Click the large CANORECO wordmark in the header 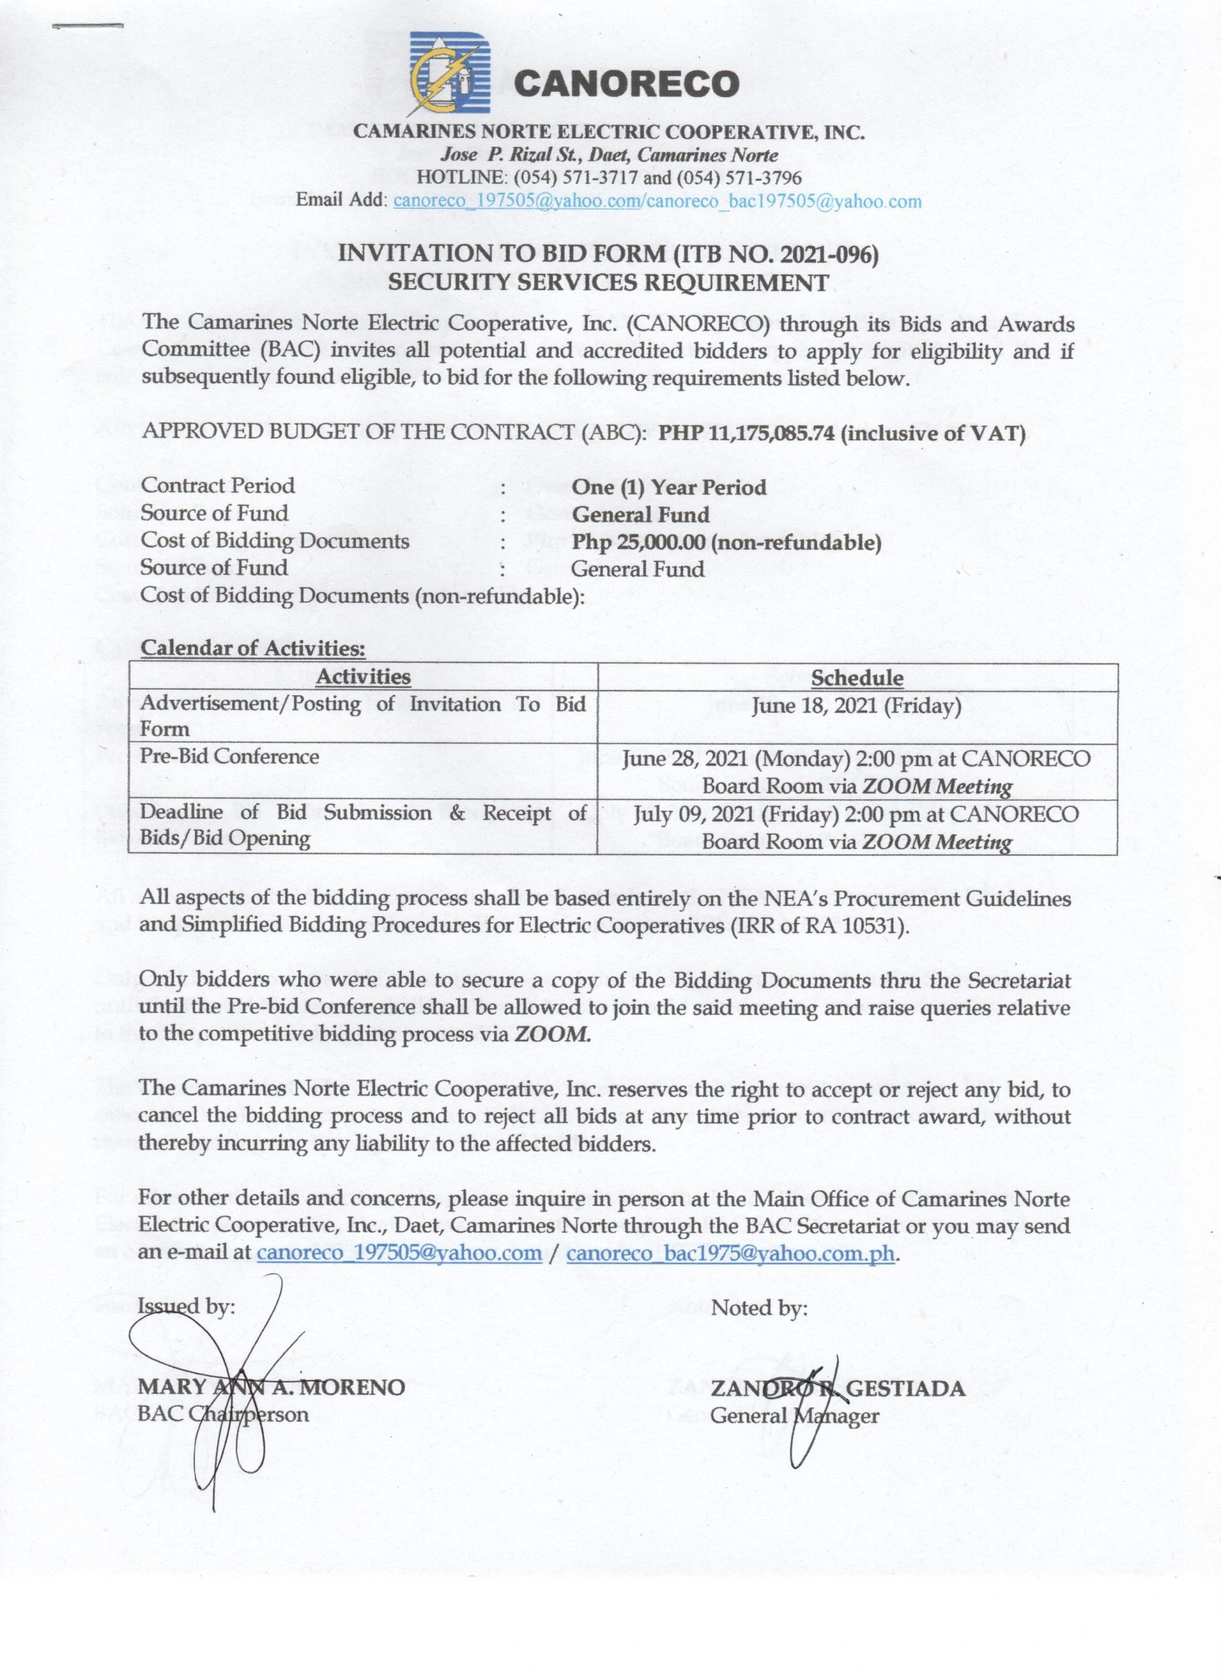[x=626, y=84]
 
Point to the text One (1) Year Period [x=669, y=488]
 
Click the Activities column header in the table [x=363, y=677]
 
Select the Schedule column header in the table [x=857, y=678]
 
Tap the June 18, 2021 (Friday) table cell [x=857, y=706]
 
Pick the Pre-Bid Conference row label [x=230, y=756]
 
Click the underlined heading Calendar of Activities [x=253, y=648]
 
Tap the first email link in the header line [x=517, y=201]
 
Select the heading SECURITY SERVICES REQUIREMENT [x=609, y=282]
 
